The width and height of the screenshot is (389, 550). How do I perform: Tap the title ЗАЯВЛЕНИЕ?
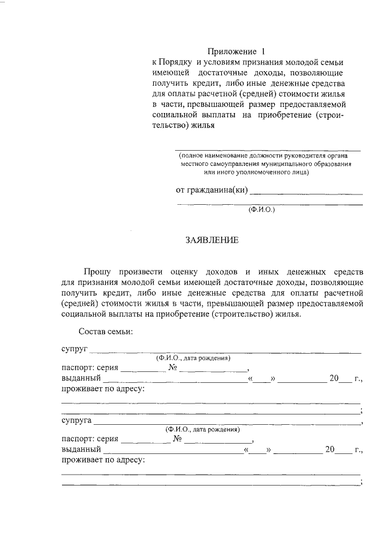click(212, 241)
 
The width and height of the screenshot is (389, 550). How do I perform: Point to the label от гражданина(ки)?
click(212, 190)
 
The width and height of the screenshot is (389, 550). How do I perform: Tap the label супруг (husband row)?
click(75, 349)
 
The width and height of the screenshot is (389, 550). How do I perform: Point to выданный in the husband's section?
click(81, 379)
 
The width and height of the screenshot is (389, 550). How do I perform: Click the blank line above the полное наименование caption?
click(267, 149)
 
